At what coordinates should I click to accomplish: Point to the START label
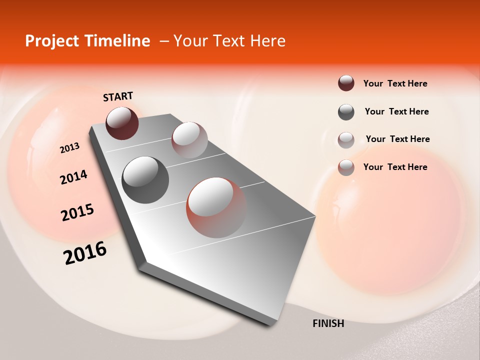click(x=118, y=96)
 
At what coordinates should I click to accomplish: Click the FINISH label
click(x=328, y=323)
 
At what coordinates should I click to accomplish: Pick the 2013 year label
click(x=69, y=148)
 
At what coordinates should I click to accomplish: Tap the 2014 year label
click(x=73, y=177)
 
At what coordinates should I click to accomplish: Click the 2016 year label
click(x=85, y=253)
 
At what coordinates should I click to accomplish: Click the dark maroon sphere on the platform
click(x=122, y=122)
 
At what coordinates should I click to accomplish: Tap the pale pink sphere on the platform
click(x=189, y=139)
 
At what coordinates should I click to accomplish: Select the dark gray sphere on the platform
click(x=145, y=179)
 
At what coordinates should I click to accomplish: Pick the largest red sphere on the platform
click(x=216, y=207)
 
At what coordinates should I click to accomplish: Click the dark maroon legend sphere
click(x=346, y=83)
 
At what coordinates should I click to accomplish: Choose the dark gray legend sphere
click(x=346, y=112)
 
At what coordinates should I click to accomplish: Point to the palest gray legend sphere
click(x=346, y=140)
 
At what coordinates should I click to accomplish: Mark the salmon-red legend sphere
click(x=346, y=167)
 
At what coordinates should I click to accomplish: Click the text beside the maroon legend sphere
click(x=395, y=83)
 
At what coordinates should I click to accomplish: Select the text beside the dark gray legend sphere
click(x=396, y=111)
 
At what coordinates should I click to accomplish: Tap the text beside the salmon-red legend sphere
click(x=395, y=167)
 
